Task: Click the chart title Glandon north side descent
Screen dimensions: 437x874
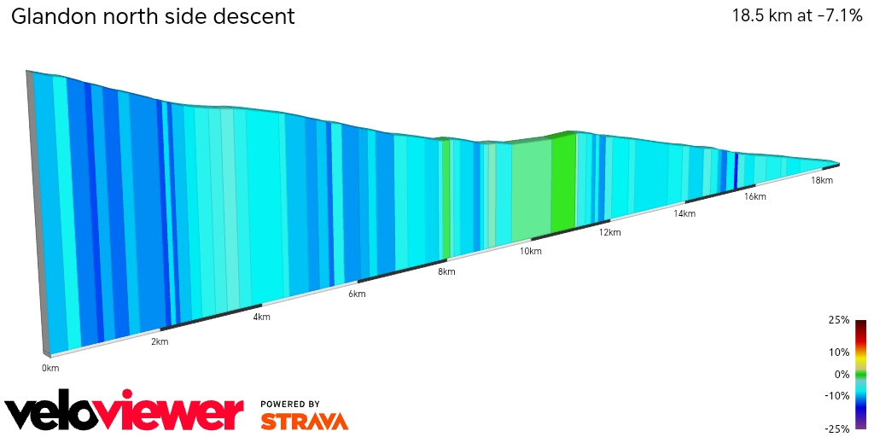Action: (x=153, y=16)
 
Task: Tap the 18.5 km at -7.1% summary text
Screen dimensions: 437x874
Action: (x=796, y=16)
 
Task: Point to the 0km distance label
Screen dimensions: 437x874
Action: (x=50, y=368)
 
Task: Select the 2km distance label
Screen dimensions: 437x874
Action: (x=160, y=342)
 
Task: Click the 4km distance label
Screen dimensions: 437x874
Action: (x=261, y=318)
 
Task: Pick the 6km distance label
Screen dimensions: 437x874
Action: (x=357, y=294)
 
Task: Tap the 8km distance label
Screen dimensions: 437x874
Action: (x=446, y=272)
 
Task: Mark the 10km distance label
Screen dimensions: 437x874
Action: (x=530, y=252)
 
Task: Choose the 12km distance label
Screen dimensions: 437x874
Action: (x=609, y=232)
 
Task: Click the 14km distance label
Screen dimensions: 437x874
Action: (x=684, y=213)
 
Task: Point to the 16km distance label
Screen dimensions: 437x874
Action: (x=755, y=196)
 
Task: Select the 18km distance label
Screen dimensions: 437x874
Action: (x=821, y=180)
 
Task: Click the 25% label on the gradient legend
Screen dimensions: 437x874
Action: (x=839, y=320)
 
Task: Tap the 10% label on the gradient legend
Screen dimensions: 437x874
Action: (x=839, y=352)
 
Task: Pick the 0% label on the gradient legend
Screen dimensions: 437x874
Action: (x=842, y=374)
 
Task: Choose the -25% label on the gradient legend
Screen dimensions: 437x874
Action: (x=837, y=428)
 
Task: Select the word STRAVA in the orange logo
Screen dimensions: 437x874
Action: (x=304, y=421)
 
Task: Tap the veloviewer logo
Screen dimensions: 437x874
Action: (x=125, y=413)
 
